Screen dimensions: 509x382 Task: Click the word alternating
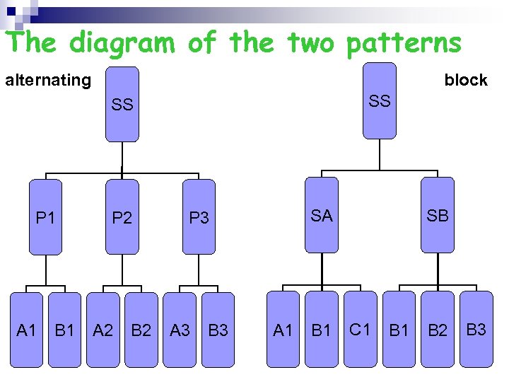[x=48, y=80]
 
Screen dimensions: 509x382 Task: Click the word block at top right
[x=466, y=80]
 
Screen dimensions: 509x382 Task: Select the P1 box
[x=46, y=217]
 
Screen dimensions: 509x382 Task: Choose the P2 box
[x=122, y=217]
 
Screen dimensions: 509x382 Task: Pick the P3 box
[x=199, y=217]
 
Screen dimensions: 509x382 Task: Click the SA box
[x=322, y=216]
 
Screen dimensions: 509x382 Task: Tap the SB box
[x=438, y=216]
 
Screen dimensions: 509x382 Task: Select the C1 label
[x=360, y=329]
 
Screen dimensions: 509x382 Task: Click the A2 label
[x=103, y=330]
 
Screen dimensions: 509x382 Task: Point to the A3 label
[x=180, y=330]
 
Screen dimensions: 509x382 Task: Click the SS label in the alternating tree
[x=122, y=105]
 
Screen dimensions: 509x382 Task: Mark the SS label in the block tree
[x=380, y=101]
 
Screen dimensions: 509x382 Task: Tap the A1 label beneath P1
[x=26, y=330]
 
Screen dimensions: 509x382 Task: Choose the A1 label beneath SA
[x=283, y=330]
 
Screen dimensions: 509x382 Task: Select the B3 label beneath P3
[x=218, y=330]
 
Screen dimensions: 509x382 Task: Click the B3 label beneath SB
[x=476, y=329]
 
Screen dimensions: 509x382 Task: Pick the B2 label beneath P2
[x=141, y=330]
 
